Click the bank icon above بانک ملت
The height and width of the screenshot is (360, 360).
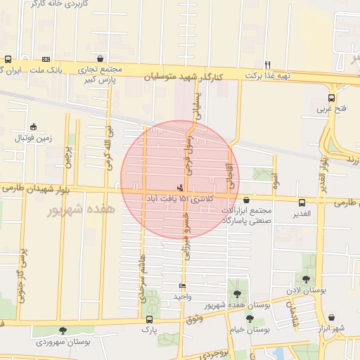click(46, 60)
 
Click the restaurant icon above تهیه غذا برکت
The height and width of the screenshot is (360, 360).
click(267, 64)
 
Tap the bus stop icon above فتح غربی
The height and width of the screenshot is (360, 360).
click(331, 98)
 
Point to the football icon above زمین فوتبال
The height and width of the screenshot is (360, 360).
click(34, 127)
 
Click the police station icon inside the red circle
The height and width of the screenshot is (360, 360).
click(181, 188)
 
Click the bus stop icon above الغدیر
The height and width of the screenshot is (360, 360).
click(302, 202)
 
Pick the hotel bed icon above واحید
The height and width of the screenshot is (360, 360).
click(183, 286)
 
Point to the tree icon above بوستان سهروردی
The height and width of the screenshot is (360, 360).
click(63, 330)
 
